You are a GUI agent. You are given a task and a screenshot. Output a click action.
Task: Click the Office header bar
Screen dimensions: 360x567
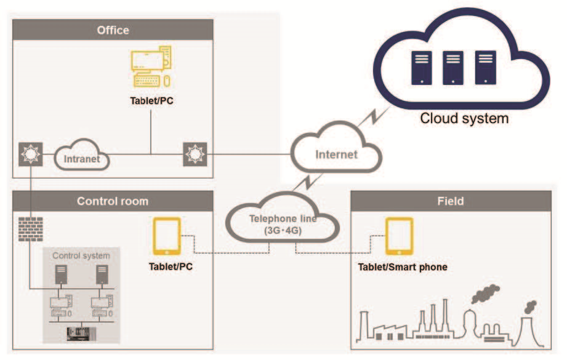pos(113,30)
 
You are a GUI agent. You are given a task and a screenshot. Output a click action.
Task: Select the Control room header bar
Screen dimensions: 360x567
pos(113,201)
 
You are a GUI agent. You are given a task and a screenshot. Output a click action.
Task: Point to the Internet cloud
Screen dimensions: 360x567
pos(336,153)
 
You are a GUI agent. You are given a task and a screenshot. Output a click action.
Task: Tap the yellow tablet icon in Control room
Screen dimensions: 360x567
pos(167,236)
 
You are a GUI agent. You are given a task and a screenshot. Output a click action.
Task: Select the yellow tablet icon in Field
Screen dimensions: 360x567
pos(399,236)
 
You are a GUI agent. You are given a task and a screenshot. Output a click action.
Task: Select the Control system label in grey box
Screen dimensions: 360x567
pos(81,255)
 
